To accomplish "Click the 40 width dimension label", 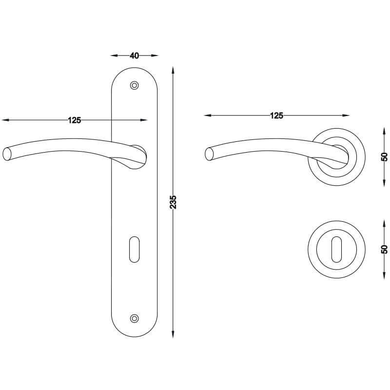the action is click(x=135, y=56).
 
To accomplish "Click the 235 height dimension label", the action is click(x=173, y=202).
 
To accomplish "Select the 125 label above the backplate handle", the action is click(x=75, y=120).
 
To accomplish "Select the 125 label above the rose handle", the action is click(x=276, y=116).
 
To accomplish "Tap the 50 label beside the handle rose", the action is click(x=384, y=156).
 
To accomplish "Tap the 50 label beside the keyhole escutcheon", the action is click(x=384, y=249).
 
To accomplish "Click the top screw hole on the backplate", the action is click(x=135, y=85).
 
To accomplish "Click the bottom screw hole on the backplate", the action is click(x=135, y=318).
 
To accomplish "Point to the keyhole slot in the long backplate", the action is click(x=135, y=249).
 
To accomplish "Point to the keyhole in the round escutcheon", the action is click(x=336, y=249).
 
